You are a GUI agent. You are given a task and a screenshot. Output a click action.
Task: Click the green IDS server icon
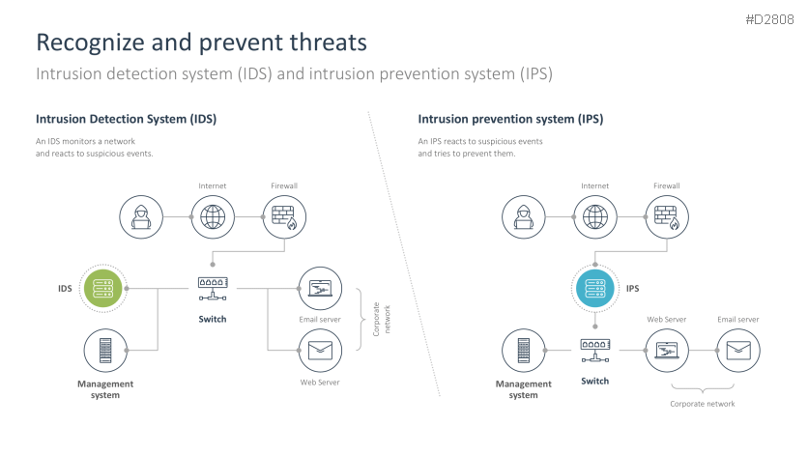click(x=103, y=288)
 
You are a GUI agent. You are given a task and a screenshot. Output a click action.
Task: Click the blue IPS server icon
click(x=595, y=288)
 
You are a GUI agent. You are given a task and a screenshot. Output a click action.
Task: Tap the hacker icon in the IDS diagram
click(x=140, y=216)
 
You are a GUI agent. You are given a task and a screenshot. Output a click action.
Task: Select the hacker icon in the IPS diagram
click(x=524, y=216)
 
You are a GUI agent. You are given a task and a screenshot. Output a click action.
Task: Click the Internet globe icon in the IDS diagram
click(x=212, y=216)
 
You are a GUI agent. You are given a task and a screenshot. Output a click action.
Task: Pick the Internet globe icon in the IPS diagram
click(x=595, y=216)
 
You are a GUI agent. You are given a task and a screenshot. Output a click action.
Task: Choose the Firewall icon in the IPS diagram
click(x=667, y=216)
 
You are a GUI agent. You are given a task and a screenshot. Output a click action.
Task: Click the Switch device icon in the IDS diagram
click(x=212, y=286)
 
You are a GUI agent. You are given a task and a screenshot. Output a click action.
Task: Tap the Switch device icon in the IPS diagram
click(x=595, y=349)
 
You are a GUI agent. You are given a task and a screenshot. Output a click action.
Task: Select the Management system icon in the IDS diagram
click(x=104, y=350)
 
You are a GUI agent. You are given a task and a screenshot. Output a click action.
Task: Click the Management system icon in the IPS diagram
click(x=524, y=350)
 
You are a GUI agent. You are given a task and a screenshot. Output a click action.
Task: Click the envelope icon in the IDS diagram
click(x=319, y=351)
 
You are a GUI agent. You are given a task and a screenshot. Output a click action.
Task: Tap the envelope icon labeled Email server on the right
click(x=737, y=350)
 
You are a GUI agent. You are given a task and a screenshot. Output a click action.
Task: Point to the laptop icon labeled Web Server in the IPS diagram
click(x=667, y=350)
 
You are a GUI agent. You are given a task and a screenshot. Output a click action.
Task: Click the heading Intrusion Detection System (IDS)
click(x=126, y=120)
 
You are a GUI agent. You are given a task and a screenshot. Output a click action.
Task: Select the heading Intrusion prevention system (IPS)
click(x=510, y=120)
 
